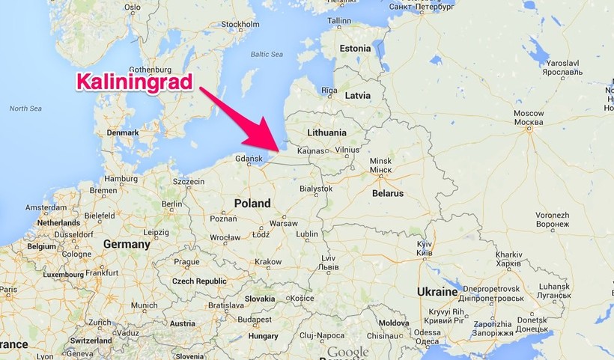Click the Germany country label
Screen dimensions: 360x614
click(x=127, y=244)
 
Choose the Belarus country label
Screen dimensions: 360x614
click(x=387, y=193)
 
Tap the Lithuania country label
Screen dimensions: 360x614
click(x=326, y=132)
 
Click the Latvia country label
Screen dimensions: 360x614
click(x=357, y=96)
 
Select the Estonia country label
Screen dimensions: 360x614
click(x=355, y=49)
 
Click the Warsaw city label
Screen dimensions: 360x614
click(x=283, y=223)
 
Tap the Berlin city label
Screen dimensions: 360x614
click(x=172, y=204)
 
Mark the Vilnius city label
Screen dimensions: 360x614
click(x=347, y=150)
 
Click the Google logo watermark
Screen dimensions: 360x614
click(x=348, y=352)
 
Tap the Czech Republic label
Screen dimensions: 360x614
click(x=199, y=281)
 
